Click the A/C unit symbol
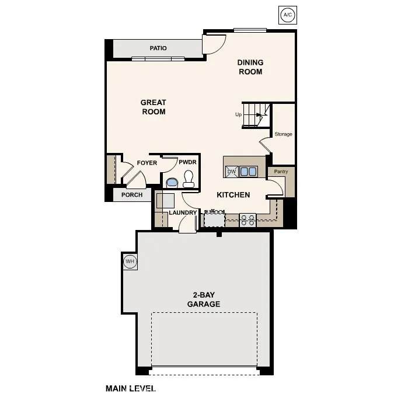pos(288,15)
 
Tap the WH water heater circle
pos(130,261)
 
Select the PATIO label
pos(158,48)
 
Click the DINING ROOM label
pos(250,67)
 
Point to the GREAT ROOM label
pos(154,107)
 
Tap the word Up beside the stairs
pos(238,114)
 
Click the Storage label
pos(283,134)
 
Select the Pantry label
pos(281,172)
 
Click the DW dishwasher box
pos(232,172)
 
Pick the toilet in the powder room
pos(189,179)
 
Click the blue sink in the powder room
pos(172,183)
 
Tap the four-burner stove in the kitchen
pos(248,221)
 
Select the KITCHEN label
pos(233,195)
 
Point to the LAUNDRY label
pos(183,212)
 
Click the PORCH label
pos(132,195)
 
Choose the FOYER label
pos(147,163)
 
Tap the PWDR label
pos(187,162)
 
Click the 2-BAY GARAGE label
pos(204,299)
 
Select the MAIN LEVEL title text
pos(131,389)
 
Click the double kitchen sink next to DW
pos(249,172)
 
